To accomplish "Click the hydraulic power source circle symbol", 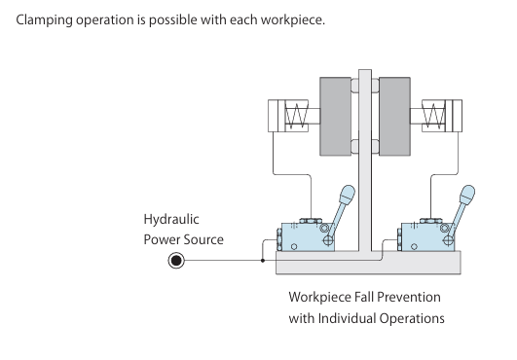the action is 176,261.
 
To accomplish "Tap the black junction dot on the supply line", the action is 263,261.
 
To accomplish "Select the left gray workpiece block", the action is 335,116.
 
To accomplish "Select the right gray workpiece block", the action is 394,116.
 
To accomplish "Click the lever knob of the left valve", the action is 347,195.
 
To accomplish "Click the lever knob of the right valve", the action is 467,195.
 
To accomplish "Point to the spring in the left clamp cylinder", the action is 296,116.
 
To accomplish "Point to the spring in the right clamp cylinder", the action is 433,116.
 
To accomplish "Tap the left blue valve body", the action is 308,237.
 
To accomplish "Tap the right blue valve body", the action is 427,237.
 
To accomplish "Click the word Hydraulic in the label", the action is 171,220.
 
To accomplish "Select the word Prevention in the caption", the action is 409,297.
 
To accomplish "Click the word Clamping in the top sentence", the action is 44,20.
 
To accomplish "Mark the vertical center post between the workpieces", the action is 365,161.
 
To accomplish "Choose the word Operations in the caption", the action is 412,319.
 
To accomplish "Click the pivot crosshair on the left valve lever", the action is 328,240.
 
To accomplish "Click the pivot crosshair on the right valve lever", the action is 448,240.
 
